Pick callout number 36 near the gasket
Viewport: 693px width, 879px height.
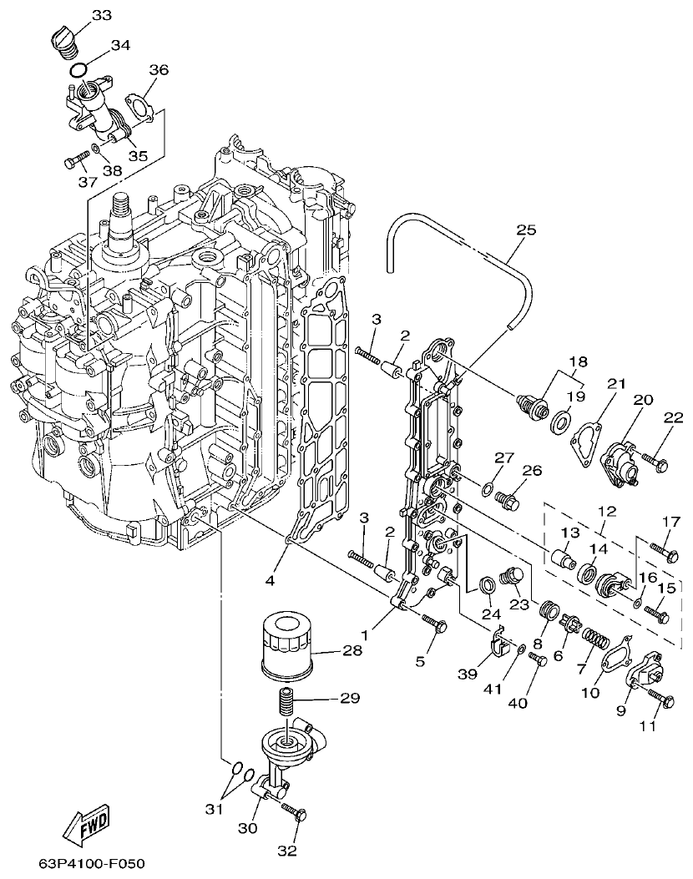tap(158, 71)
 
